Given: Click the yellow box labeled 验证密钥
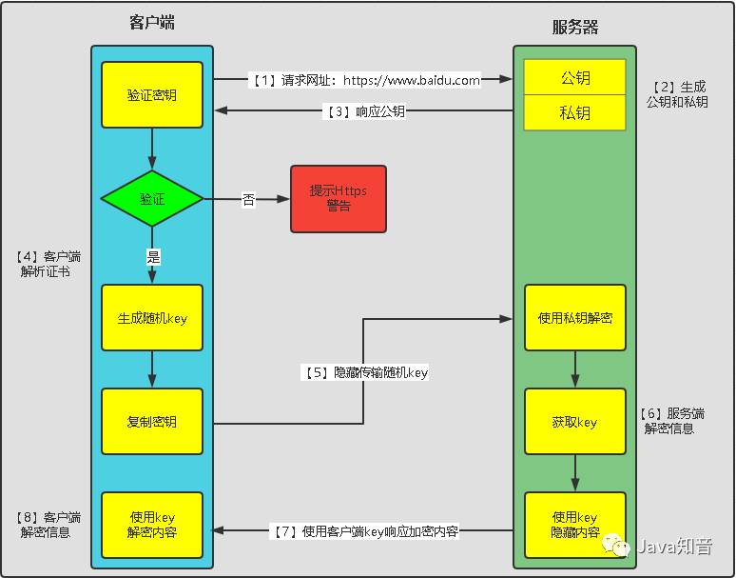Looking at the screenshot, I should (x=152, y=95).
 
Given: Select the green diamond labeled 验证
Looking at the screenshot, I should (x=152, y=199).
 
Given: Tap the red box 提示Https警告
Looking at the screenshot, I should (x=338, y=199).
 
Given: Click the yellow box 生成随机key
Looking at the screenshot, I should (x=152, y=318).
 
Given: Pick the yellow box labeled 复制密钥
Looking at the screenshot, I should (x=152, y=422).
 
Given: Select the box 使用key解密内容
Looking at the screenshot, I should (x=152, y=525).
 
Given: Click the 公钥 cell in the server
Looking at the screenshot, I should (x=574, y=78).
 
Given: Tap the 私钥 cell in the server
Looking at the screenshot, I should (x=574, y=112).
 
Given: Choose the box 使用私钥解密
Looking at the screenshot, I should (x=574, y=318).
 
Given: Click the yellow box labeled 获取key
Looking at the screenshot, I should (x=574, y=422).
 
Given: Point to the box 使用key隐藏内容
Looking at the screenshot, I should (x=574, y=525).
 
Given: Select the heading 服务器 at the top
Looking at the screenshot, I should (x=575, y=27).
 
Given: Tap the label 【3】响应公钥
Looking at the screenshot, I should (x=366, y=111).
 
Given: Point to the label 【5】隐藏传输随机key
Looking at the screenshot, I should (x=365, y=373).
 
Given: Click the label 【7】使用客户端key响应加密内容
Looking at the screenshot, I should (x=365, y=531).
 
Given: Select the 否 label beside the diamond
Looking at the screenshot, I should (x=248, y=200).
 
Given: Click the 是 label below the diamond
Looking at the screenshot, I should (x=152, y=255).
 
